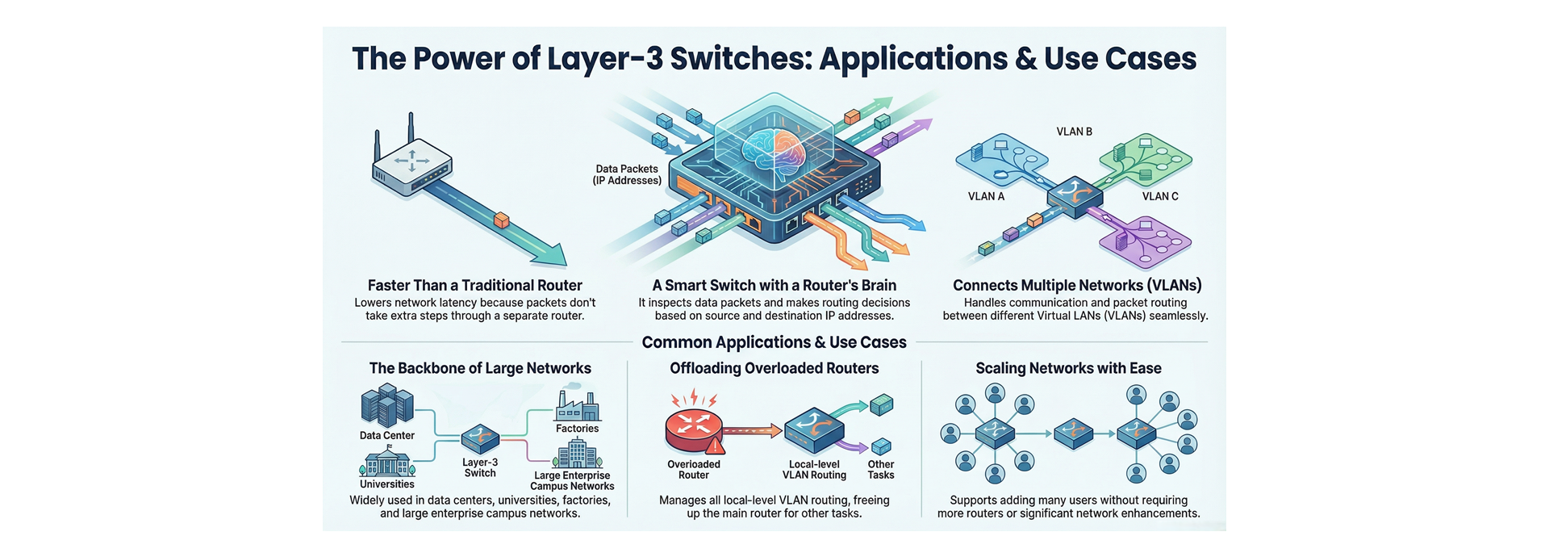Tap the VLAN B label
pos(1074,132)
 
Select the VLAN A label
pos(986,196)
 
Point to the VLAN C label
pos(1159,196)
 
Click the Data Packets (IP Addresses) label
pos(627,174)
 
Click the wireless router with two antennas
pos(410,162)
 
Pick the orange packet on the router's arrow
pos(501,220)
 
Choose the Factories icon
pos(578,406)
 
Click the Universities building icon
pos(386,463)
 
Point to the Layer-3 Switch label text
pos(480,467)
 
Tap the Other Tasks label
pos(880,469)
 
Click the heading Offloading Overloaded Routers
pos(774,368)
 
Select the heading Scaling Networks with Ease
pos(1068,368)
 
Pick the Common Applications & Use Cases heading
pos(774,342)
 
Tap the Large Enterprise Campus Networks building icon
pos(578,454)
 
